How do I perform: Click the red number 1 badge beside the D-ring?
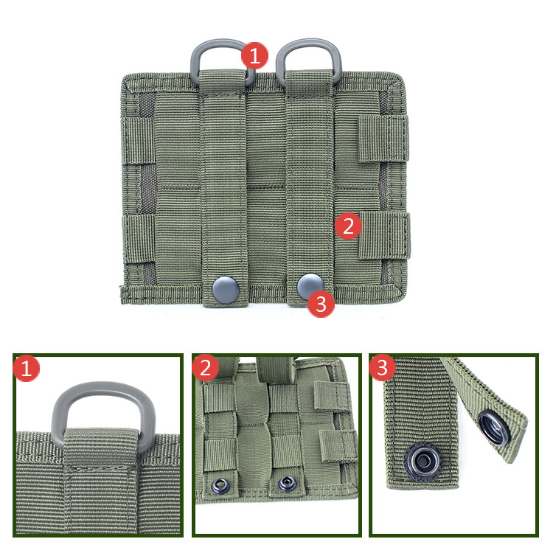(255, 55)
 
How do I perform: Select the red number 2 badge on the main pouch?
(349, 225)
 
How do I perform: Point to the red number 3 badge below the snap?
(321, 303)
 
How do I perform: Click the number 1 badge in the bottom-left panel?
(27, 369)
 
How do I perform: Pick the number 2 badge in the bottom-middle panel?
(206, 368)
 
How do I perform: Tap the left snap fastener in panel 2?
(219, 484)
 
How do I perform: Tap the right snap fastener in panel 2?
(285, 484)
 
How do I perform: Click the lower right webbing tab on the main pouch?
(384, 236)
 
